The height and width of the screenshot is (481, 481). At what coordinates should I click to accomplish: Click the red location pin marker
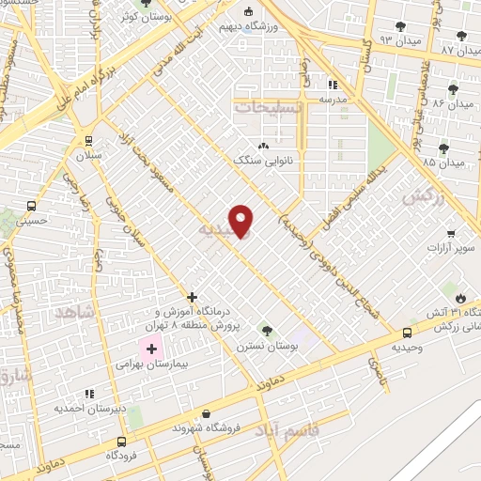(241, 220)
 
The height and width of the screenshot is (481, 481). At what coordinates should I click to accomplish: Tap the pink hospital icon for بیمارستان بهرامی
(152, 349)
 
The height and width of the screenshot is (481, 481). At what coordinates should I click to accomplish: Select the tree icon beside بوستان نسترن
(268, 330)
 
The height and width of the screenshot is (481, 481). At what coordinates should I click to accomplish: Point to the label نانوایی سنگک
(264, 161)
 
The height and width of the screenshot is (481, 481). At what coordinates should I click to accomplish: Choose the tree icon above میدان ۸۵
(444, 147)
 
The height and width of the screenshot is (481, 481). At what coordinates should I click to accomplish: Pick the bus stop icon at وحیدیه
(407, 333)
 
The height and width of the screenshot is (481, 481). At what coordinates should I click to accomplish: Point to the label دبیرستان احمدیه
(89, 408)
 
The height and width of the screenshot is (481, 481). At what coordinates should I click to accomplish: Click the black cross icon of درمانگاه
(192, 295)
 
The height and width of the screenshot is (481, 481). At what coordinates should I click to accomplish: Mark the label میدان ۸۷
(459, 49)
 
